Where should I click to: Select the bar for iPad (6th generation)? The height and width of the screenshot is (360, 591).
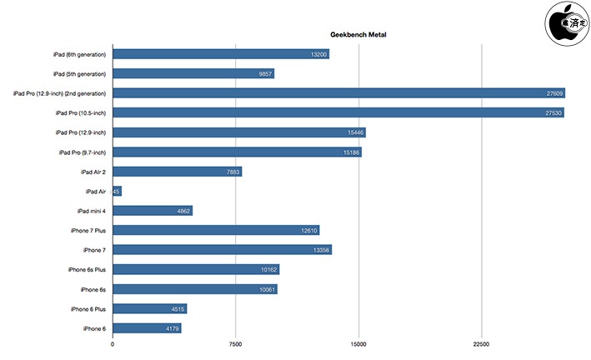pos(220,54)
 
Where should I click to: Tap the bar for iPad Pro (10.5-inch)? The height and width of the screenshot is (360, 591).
pos(338,112)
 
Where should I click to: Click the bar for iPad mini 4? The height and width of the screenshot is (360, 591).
pos(153,211)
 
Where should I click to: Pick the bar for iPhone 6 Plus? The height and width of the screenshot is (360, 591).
pos(149,308)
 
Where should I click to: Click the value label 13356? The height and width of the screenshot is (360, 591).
pos(320,250)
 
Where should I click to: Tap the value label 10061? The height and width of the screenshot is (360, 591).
pos(267,289)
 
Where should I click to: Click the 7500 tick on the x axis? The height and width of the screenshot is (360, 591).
pos(235,344)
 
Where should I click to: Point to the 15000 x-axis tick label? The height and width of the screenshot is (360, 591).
pos(358,344)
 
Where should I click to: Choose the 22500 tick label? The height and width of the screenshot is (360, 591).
pos(481,344)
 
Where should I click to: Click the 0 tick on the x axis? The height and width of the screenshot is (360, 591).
pos(113,344)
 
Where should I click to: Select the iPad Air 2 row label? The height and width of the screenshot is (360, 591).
pos(88,172)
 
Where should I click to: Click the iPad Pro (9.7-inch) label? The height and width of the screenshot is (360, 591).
pos(82,152)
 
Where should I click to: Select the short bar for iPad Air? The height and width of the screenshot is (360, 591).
pos(117,191)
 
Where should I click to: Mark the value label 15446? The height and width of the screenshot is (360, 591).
pos(354,132)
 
